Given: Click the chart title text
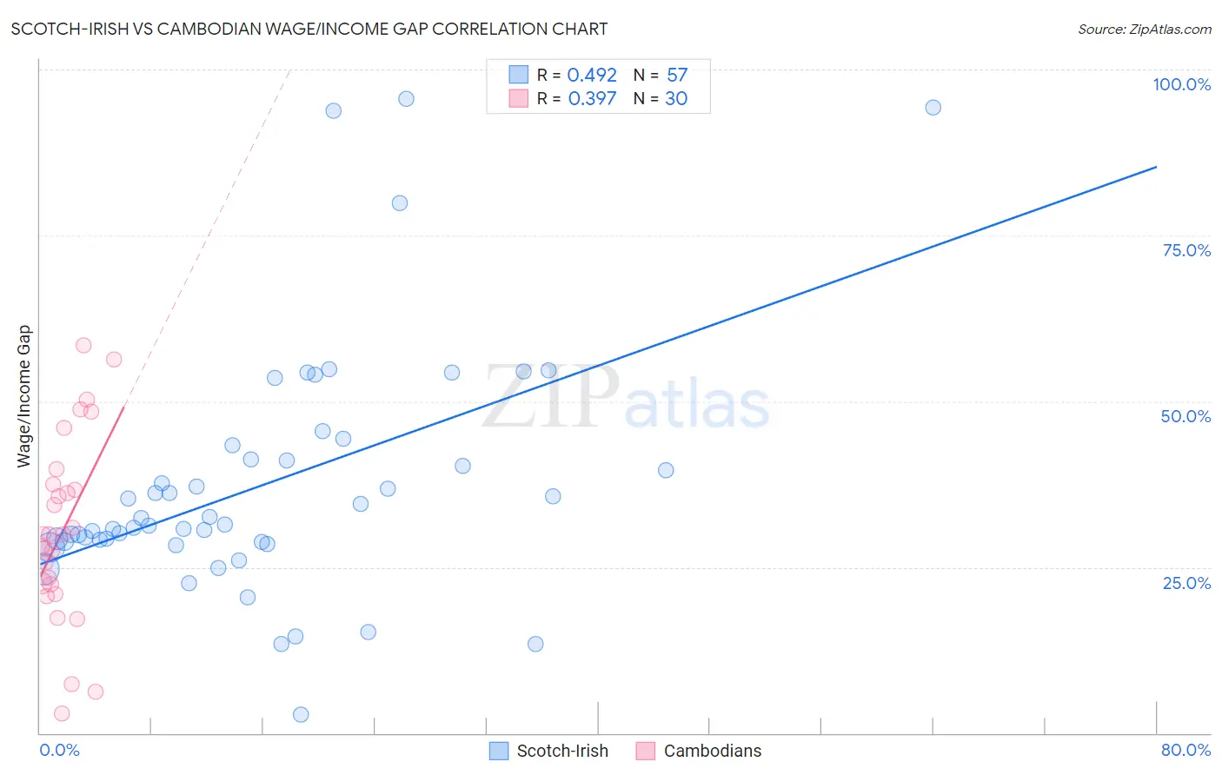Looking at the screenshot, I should click(309, 29).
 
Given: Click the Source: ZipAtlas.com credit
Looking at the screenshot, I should click(1144, 29).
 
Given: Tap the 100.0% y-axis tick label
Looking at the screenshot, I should click(1181, 84).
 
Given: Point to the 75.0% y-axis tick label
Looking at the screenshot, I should click(1186, 250).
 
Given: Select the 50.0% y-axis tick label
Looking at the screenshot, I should click(1185, 416).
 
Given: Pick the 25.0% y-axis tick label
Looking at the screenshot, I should click(1186, 583).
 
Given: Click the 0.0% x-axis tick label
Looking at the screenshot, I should click(59, 750).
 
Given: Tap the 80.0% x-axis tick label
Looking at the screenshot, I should click(1185, 750).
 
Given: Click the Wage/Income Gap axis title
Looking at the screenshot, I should click(24, 396).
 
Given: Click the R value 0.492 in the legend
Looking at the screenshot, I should click(592, 76).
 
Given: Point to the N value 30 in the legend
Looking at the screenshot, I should click(676, 99).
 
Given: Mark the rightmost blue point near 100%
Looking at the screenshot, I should click(933, 108).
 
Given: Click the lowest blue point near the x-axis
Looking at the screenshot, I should click(301, 714).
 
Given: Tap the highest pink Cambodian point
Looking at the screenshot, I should click(83, 345).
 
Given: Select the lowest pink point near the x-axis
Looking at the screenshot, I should click(62, 713).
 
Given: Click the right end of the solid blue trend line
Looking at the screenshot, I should click(1156, 166).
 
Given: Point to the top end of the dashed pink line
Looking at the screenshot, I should click(289, 70).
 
